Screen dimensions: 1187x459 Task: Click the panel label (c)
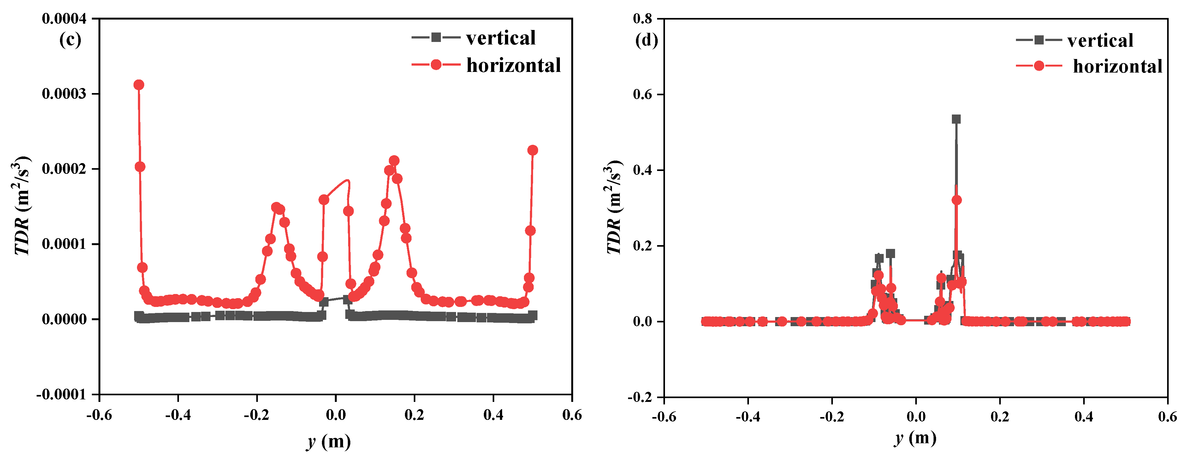70,40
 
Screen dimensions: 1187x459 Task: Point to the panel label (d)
646,40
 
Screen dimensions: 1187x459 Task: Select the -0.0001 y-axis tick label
61,395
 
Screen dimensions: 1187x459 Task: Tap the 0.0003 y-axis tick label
64,93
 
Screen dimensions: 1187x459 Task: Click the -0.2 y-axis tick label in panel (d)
640,397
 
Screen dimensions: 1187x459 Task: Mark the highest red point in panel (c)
139,85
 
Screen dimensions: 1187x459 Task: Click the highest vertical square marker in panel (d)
956,119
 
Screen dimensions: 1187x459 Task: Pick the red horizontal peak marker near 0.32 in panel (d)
957,200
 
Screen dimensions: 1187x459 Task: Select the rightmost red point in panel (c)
533,150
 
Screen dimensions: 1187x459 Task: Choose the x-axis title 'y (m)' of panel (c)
329,442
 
